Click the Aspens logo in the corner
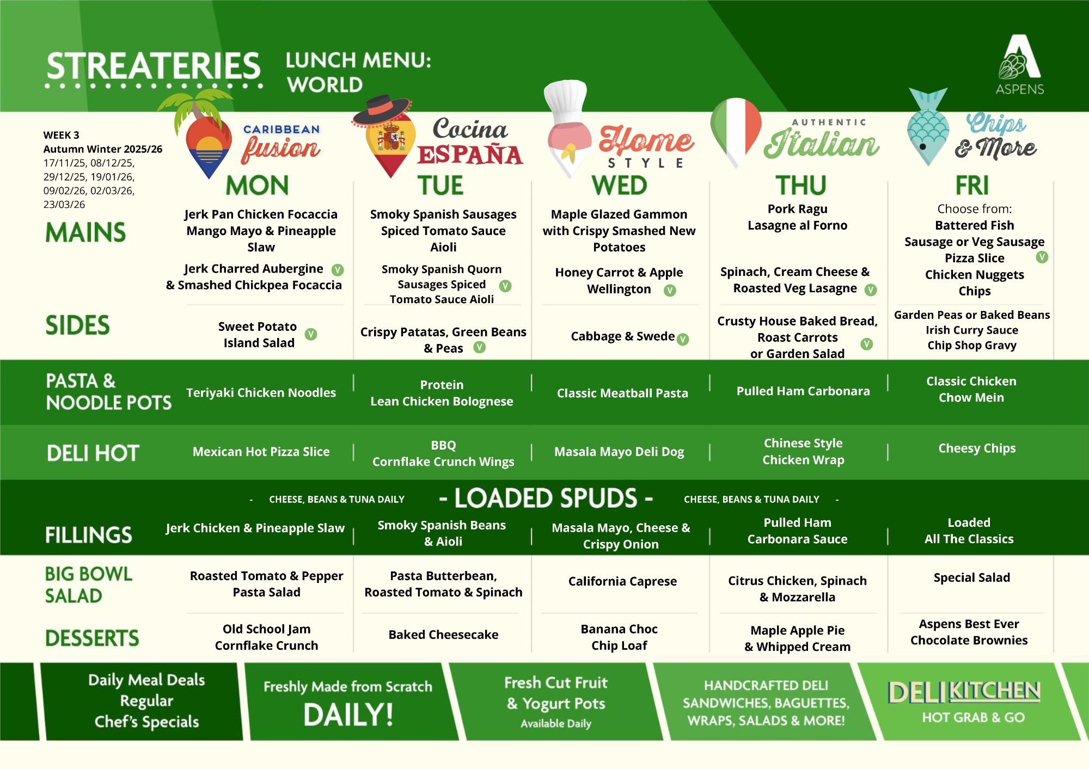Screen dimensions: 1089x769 tap(1020, 64)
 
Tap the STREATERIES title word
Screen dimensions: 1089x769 tap(154, 66)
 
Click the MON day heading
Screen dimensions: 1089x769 tap(257, 185)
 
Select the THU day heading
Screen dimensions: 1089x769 tap(800, 185)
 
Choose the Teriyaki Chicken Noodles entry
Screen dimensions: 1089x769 tap(261, 392)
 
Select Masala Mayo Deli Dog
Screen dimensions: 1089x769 tap(619, 451)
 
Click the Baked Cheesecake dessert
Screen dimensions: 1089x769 tap(443, 635)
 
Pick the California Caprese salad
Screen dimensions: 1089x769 tap(622, 581)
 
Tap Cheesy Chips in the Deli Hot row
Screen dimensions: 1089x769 tap(977, 448)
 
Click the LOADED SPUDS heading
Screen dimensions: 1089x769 tap(546, 498)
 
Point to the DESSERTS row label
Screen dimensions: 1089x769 tap(92, 638)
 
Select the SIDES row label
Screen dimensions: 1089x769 tap(77, 325)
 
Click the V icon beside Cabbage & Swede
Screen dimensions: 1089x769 tap(683, 339)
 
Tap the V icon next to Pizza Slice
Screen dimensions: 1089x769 tap(1042, 257)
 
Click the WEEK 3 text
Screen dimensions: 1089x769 tap(61, 135)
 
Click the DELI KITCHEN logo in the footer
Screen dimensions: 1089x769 tap(964, 702)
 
